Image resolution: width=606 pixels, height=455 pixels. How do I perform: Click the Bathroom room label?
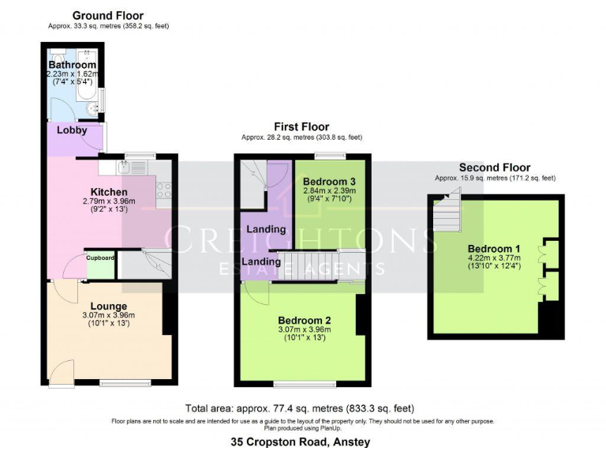pyautogui.click(x=73, y=65)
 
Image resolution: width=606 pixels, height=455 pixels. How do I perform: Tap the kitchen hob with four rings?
pyautogui.click(x=165, y=190)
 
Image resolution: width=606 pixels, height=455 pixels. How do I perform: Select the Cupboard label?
pyautogui.click(x=100, y=258)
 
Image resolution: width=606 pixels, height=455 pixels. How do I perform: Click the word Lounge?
pyautogui.click(x=108, y=306)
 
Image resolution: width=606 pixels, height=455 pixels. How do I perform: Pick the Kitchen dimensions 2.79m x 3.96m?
pyautogui.click(x=108, y=201)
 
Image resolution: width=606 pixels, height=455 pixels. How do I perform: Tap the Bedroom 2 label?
pyautogui.click(x=304, y=319)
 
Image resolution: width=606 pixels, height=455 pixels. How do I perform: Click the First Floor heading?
pyautogui.click(x=301, y=126)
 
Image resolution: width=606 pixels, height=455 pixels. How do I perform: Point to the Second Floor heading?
pyautogui.click(x=495, y=167)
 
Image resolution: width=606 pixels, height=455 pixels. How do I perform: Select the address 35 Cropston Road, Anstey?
pyautogui.click(x=300, y=442)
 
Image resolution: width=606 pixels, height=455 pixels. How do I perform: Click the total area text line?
pyautogui.click(x=300, y=408)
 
